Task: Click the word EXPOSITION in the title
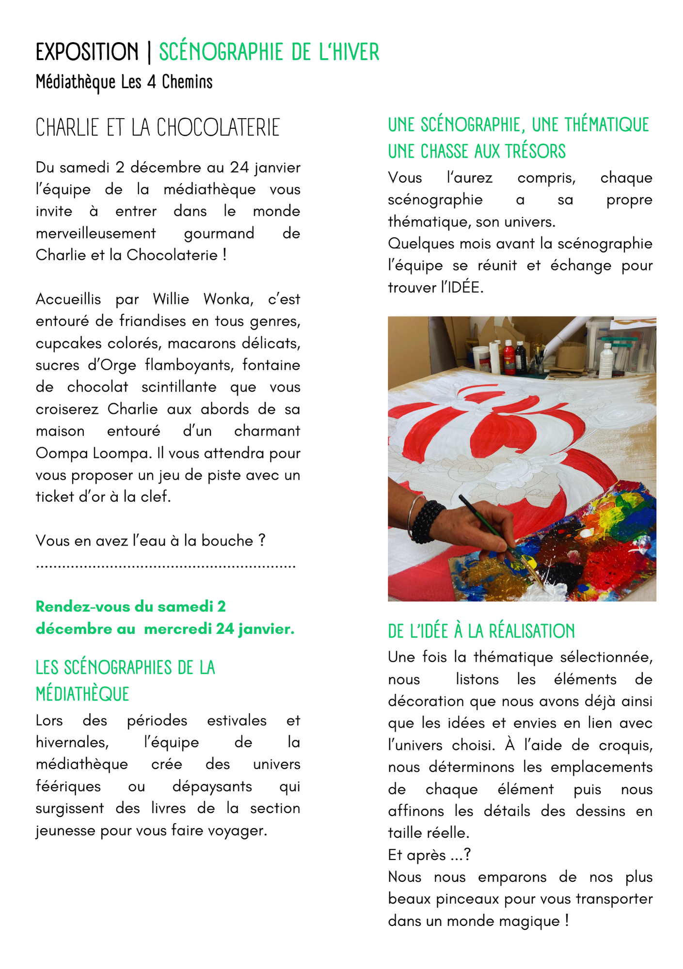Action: [x=87, y=52]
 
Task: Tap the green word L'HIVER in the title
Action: [x=349, y=52]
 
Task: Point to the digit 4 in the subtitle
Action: [x=152, y=82]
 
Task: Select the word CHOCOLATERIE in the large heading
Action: [x=218, y=128]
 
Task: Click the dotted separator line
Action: [x=165, y=566]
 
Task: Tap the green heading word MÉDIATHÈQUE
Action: [x=82, y=694]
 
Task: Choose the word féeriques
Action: [x=68, y=786]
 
